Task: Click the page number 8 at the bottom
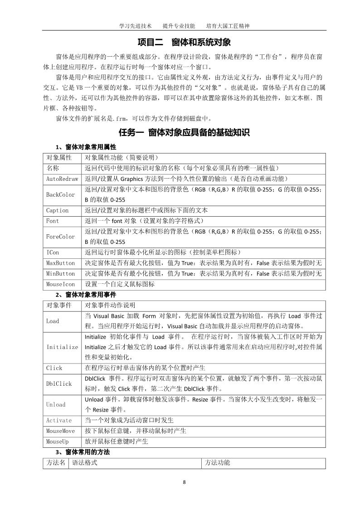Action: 184,482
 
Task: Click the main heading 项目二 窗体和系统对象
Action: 184,42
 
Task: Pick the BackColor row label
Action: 60,194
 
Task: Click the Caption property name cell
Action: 58,210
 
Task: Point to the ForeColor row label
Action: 60,237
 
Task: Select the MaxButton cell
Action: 60,263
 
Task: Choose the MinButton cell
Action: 60,274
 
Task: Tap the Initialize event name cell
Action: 62,347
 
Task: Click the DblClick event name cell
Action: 59,383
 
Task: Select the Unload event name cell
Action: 56,404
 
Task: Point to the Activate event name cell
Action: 59,420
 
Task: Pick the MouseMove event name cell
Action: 60,431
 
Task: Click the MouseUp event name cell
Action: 58,441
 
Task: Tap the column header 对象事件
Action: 59,305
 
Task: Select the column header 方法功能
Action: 217,463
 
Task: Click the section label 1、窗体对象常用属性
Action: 86,147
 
